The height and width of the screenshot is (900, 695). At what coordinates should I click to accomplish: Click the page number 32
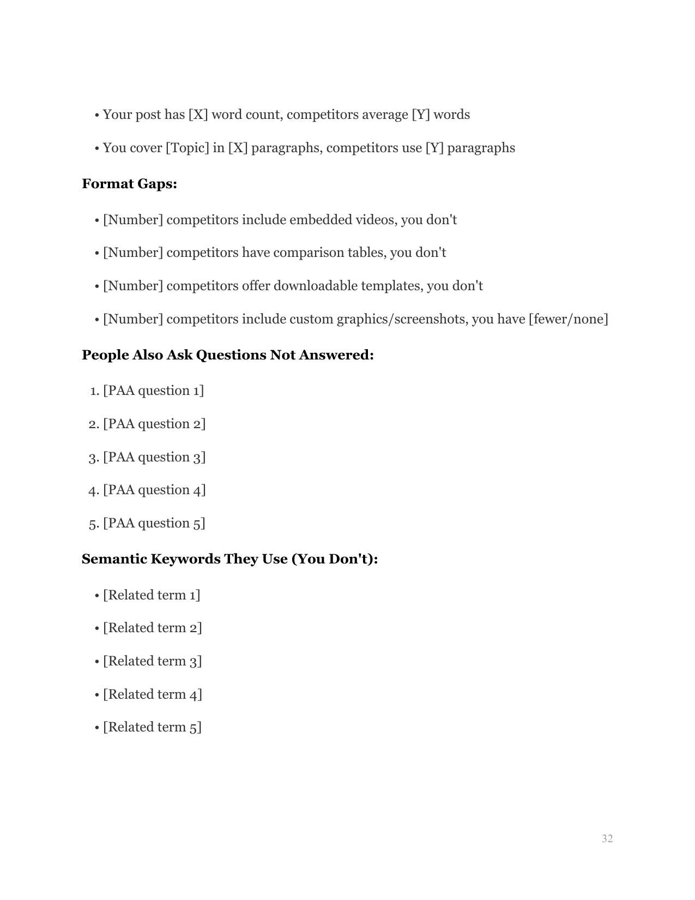[x=607, y=839]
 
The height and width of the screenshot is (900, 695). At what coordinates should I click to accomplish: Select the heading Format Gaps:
[x=129, y=184]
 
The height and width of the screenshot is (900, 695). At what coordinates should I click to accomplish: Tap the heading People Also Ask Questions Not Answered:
[x=227, y=355]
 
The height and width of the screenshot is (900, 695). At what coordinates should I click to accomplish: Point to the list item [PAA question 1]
[x=153, y=391]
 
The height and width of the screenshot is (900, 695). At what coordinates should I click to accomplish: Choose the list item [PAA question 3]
[x=154, y=457]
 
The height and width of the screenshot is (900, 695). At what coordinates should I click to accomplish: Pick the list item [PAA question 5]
[x=154, y=523]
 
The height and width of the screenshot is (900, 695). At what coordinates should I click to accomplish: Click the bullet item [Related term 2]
[x=152, y=628]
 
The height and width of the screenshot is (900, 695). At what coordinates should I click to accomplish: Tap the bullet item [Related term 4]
[x=152, y=694]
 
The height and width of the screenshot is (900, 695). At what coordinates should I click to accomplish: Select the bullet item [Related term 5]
[x=152, y=727]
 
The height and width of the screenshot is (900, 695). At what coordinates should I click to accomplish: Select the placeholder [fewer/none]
[x=568, y=319]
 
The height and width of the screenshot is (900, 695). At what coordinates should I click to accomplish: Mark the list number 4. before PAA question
[x=93, y=490]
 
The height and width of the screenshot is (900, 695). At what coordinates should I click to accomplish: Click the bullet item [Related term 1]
[x=152, y=595]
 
